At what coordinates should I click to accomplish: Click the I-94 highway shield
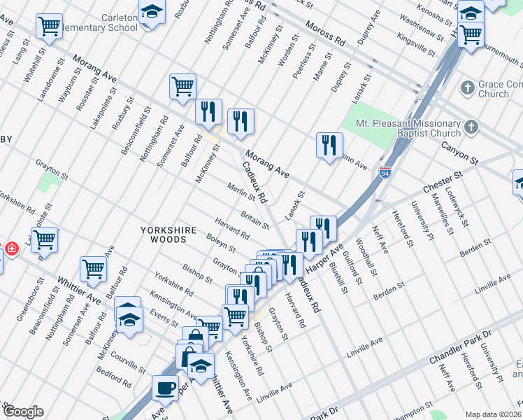(385, 172)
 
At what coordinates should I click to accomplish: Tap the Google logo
(22, 412)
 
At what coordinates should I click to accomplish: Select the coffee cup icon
(166, 386)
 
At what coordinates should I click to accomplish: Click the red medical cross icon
(11, 248)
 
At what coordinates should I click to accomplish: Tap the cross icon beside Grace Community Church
(468, 88)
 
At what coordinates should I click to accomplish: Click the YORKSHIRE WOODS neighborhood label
(163, 234)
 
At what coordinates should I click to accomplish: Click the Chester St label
(443, 182)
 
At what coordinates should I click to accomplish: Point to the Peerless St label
(303, 60)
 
